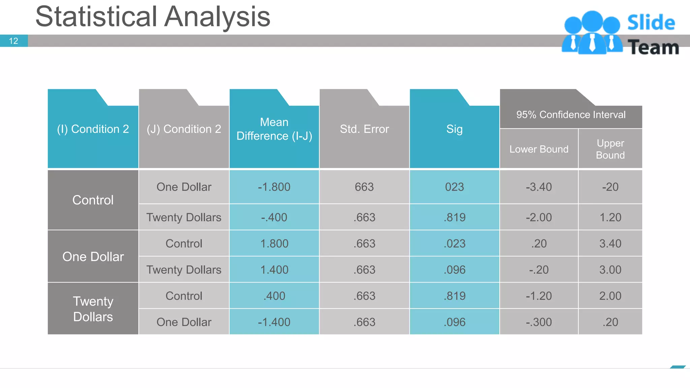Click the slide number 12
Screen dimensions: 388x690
pos(13,41)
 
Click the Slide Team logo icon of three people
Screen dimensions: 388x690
pos(592,33)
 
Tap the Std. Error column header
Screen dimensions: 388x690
pos(364,129)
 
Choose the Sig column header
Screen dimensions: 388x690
pos(454,129)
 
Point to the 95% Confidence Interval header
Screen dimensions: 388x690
pos(571,115)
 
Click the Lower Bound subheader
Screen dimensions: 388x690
pos(539,149)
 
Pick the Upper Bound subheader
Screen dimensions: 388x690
pos(610,149)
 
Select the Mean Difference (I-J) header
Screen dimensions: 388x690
pos(274,129)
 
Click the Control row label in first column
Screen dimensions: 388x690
pos(93,200)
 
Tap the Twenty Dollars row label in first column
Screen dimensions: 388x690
pos(93,309)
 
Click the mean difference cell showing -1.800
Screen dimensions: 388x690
pos(274,187)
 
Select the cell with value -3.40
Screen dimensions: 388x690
pos(539,187)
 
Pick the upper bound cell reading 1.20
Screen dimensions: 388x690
pos(610,217)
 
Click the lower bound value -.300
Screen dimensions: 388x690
pos(539,322)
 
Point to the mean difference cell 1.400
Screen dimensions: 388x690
pos(274,270)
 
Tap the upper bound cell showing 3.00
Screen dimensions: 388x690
pos(610,270)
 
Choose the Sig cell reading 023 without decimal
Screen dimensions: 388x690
pos(454,187)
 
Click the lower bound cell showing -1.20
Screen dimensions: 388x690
pos(539,296)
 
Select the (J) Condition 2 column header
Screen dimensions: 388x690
pos(184,129)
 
